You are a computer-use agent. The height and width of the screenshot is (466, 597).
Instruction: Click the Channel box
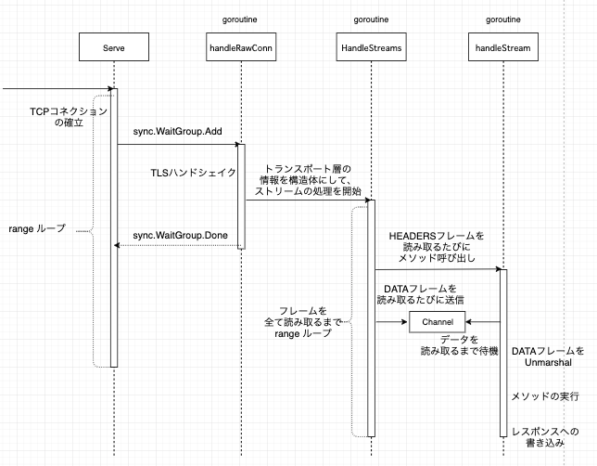437,321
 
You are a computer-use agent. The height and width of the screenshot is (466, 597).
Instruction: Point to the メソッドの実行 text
545,396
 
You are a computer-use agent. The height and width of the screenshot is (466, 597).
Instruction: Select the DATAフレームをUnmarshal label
548,358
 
